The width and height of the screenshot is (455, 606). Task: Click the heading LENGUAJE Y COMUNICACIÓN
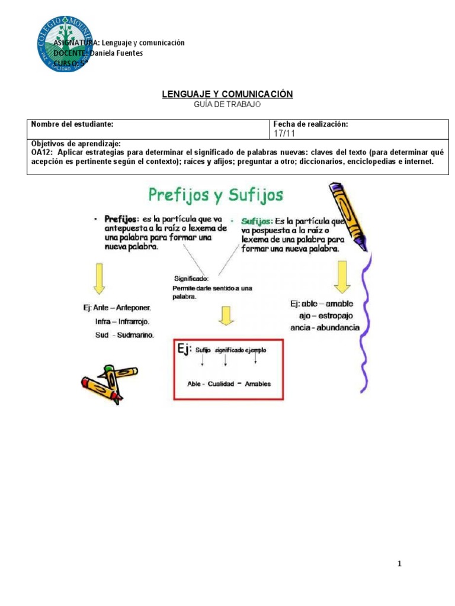pos(227,94)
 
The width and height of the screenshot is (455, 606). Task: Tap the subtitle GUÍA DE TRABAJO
pos(227,104)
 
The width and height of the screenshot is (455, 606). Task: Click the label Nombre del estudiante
pos(72,124)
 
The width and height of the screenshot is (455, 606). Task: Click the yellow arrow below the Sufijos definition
pos(342,279)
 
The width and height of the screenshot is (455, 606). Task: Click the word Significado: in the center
pos(192,278)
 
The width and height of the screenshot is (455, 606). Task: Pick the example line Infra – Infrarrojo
pos(122,322)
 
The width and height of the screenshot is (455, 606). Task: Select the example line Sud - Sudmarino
pos(124,335)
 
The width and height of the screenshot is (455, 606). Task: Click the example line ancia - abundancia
pos(325,327)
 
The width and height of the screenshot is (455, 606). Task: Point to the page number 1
pos(400,564)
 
